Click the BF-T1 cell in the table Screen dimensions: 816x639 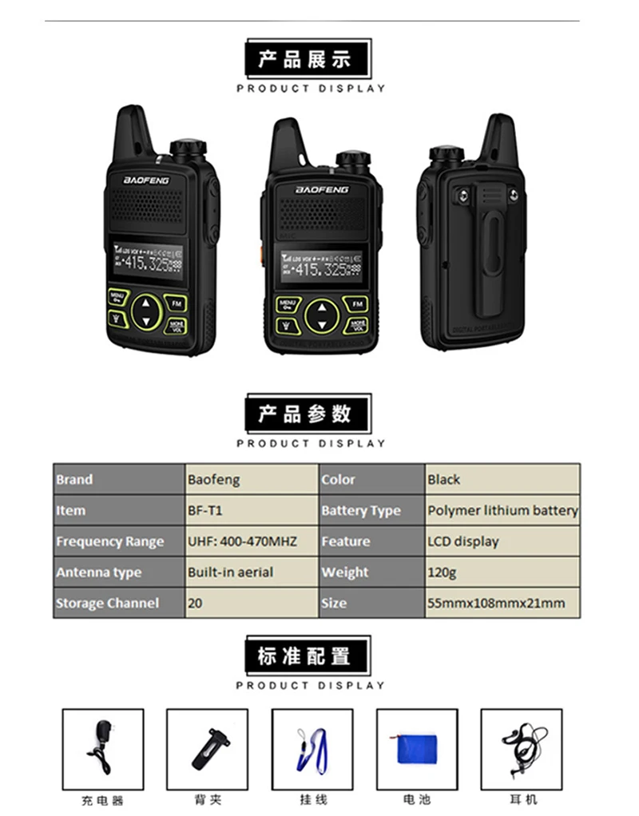point(251,510)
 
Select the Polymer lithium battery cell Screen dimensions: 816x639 point(502,510)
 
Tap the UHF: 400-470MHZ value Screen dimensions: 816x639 point(251,541)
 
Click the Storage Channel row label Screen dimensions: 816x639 point(118,603)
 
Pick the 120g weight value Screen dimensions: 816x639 point(502,572)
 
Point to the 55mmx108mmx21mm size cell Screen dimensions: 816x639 point(502,603)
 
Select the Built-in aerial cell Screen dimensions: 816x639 point(251,572)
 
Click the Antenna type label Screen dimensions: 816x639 point(118,572)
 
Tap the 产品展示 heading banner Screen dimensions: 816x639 point(308,58)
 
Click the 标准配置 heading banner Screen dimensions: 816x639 point(308,656)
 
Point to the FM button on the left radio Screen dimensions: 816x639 point(176,303)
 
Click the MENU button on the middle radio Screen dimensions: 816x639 point(288,304)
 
